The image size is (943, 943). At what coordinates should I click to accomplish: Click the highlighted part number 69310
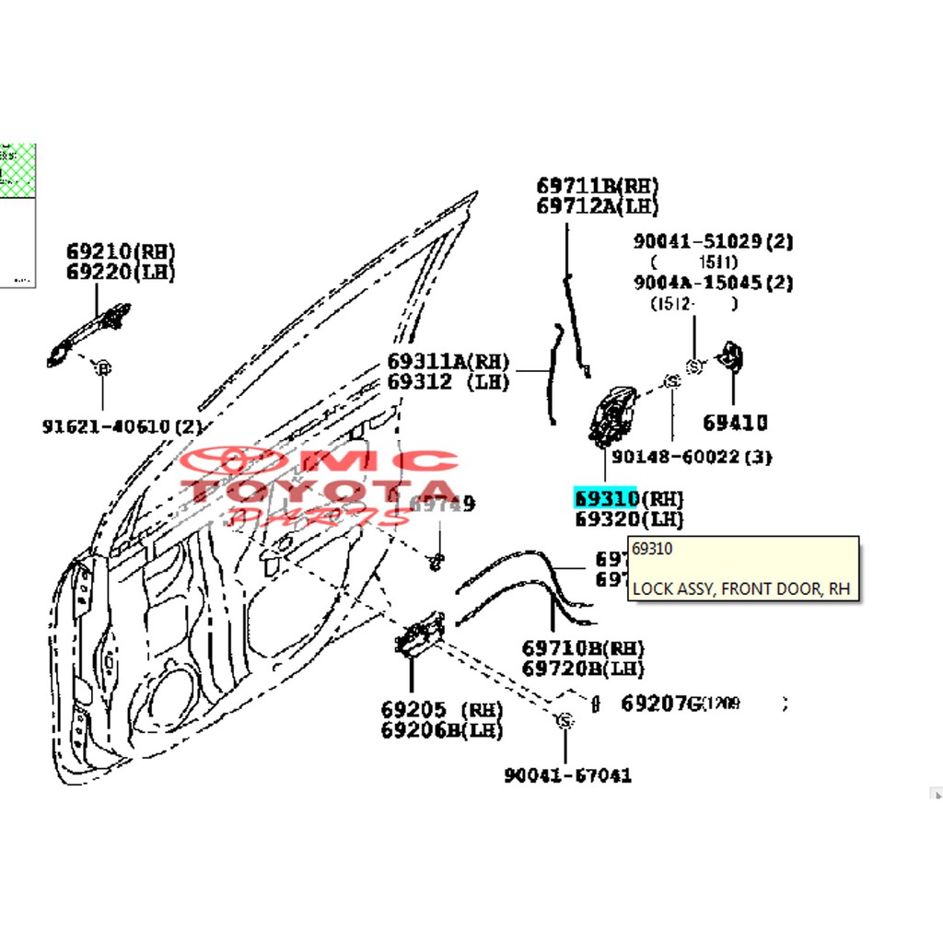pyautogui.click(x=605, y=498)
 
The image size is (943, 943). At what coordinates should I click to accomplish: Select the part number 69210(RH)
pyautogui.click(x=120, y=251)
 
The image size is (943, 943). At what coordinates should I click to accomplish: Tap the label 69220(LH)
pyautogui.click(x=120, y=273)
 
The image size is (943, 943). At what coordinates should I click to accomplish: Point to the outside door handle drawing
pyautogui.click(x=87, y=333)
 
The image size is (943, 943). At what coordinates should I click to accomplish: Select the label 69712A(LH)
pyautogui.click(x=598, y=207)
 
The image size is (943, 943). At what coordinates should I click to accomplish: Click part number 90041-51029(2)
pyautogui.click(x=713, y=241)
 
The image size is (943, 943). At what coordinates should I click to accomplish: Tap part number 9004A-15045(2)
pyautogui.click(x=713, y=283)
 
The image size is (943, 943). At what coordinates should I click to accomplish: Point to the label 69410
pyautogui.click(x=735, y=424)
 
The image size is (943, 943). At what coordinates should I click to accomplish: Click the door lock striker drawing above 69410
pyautogui.click(x=731, y=360)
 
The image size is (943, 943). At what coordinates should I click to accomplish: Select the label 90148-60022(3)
pyautogui.click(x=692, y=457)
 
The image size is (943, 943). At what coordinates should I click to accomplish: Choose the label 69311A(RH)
pyautogui.click(x=448, y=361)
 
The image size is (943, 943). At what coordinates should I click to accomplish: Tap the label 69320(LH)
pyautogui.click(x=629, y=519)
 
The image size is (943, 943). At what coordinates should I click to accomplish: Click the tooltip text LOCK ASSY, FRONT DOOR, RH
pyautogui.click(x=741, y=588)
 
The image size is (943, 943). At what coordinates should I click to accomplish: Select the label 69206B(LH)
pyautogui.click(x=442, y=731)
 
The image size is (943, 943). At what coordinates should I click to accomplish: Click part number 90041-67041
pyautogui.click(x=567, y=775)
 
